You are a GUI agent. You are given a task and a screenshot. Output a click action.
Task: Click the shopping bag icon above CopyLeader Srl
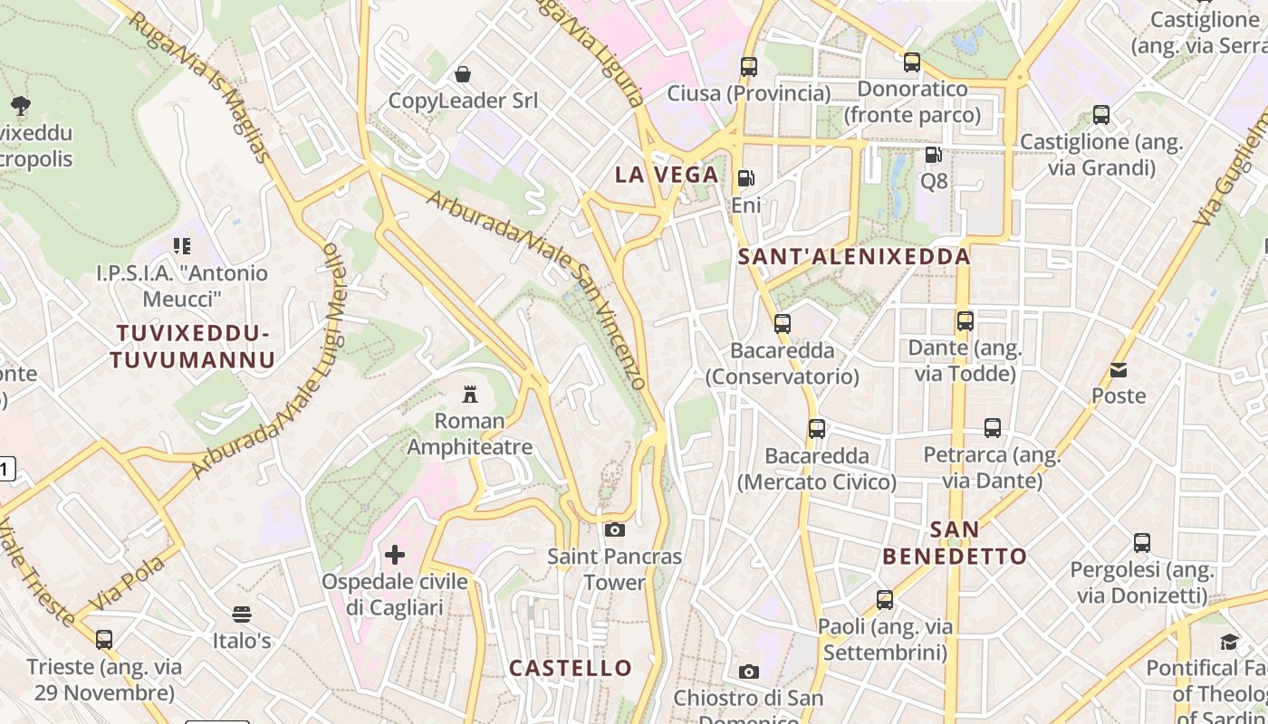pyautogui.click(x=463, y=73)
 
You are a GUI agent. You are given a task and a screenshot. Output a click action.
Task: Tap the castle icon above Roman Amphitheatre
pyautogui.click(x=469, y=394)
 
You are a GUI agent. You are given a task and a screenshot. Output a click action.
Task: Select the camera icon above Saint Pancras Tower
pyautogui.click(x=615, y=529)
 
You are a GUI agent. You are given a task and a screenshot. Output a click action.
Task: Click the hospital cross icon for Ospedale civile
pyautogui.click(x=395, y=554)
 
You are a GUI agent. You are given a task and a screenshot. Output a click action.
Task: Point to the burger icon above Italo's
pyautogui.click(x=241, y=614)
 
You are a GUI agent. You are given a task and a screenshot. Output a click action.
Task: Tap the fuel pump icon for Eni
pyautogui.click(x=745, y=178)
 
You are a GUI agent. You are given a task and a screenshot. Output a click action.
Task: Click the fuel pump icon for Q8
pyautogui.click(x=933, y=155)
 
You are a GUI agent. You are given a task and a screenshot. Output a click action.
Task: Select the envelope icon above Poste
pyautogui.click(x=1119, y=369)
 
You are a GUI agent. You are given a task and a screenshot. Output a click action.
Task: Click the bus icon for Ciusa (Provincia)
pyautogui.click(x=748, y=66)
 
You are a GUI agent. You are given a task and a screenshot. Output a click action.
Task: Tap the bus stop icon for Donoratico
pyautogui.click(x=912, y=62)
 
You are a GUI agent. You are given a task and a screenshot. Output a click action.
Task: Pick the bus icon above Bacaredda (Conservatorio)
pyautogui.click(x=782, y=323)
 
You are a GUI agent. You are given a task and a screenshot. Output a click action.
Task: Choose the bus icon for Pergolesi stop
pyautogui.click(x=1141, y=543)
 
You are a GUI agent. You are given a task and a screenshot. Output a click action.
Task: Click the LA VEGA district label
pyautogui.click(x=667, y=175)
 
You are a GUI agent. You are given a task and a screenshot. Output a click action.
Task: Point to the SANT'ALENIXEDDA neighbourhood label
pyautogui.click(x=854, y=257)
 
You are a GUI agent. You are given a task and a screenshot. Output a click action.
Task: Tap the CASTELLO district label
pyautogui.click(x=571, y=668)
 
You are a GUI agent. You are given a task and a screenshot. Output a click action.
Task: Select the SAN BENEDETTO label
pyautogui.click(x=955, y=542)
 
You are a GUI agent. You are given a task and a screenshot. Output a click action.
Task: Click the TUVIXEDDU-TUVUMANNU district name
pyautogui.click(x=192, y=347)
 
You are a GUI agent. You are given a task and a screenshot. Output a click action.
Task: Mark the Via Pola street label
pyautogui.click(x=128, y=584)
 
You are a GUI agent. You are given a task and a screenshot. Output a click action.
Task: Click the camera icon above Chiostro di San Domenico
pyautogui.click(x=748, y=672)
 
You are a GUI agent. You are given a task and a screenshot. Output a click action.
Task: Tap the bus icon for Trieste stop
pyautogui.click(x=104, y=640)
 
